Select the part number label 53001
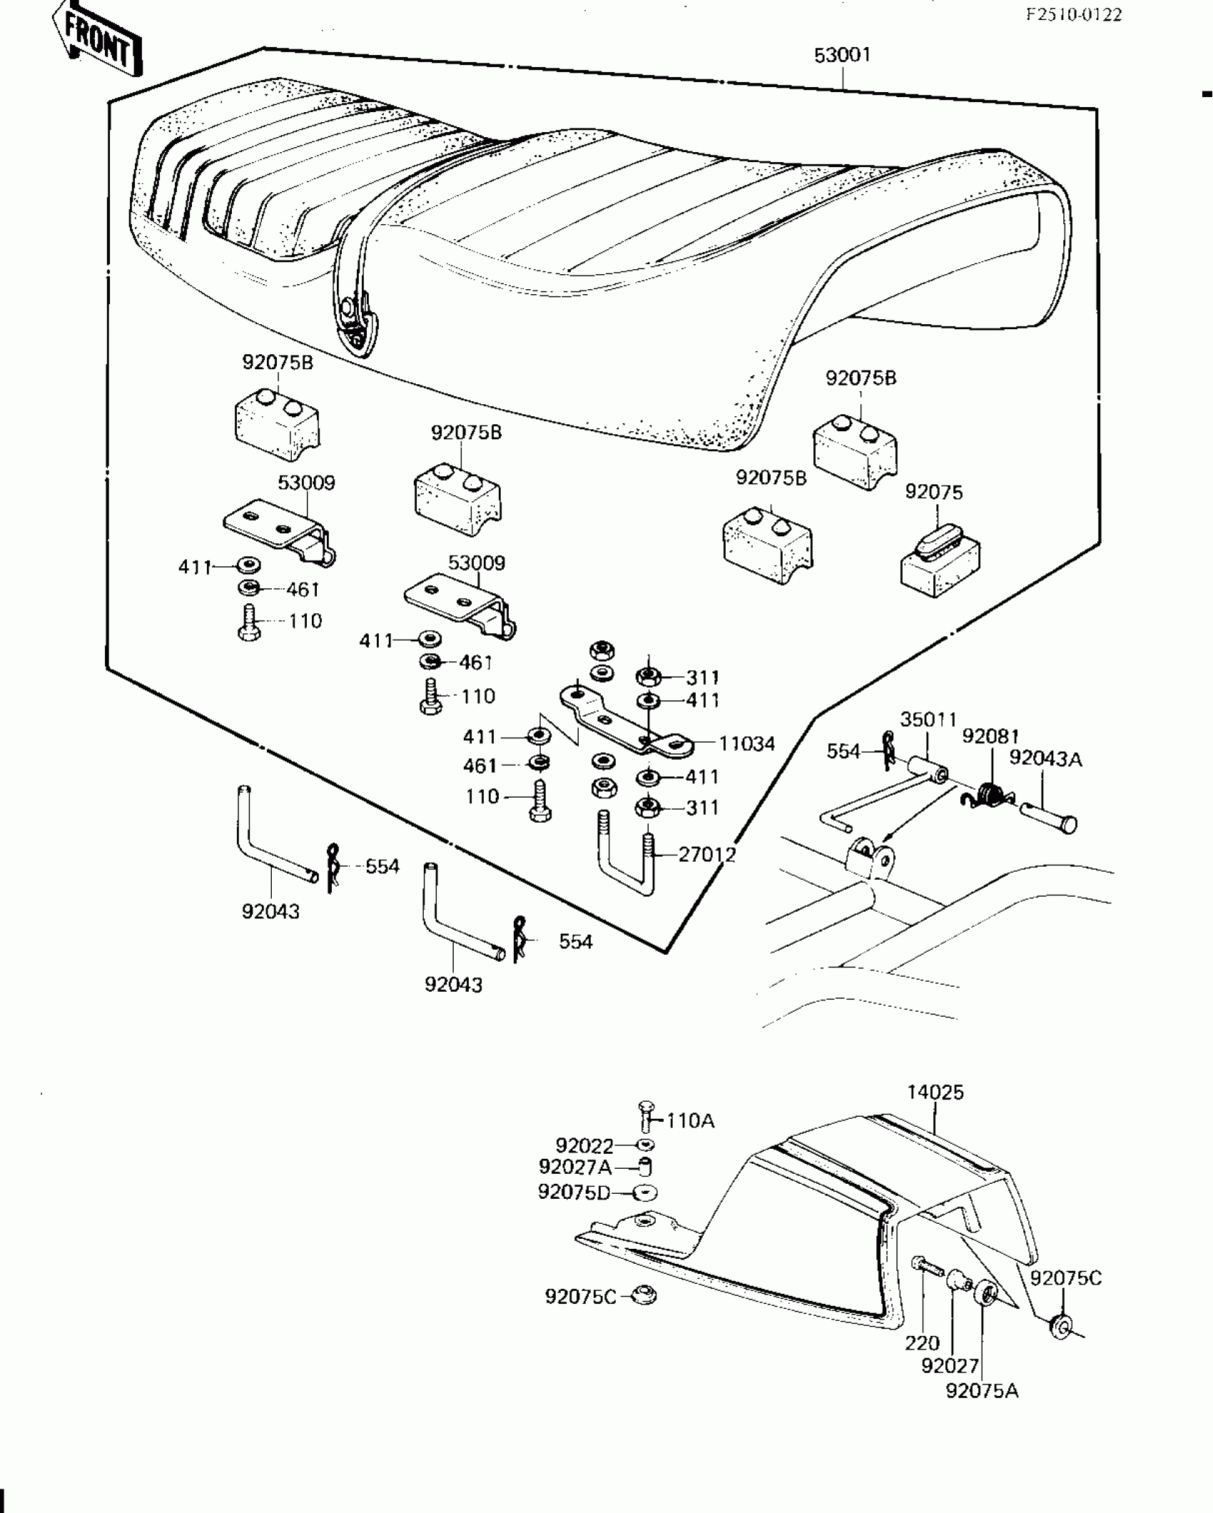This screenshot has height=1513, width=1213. coord(843,55)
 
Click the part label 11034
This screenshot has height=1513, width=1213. coord(746,744)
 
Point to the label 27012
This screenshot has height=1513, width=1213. coord(706,854)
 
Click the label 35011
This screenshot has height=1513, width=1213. coord(928,719)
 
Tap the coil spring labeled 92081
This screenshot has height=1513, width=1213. coord(988,794)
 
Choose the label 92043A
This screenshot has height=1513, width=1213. coord(1045,758)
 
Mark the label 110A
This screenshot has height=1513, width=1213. coord(690,1121)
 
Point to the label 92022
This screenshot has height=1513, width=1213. coord(584,1146)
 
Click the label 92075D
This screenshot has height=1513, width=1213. coord(574,1192)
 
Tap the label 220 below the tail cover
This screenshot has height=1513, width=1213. coord(922,1343)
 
